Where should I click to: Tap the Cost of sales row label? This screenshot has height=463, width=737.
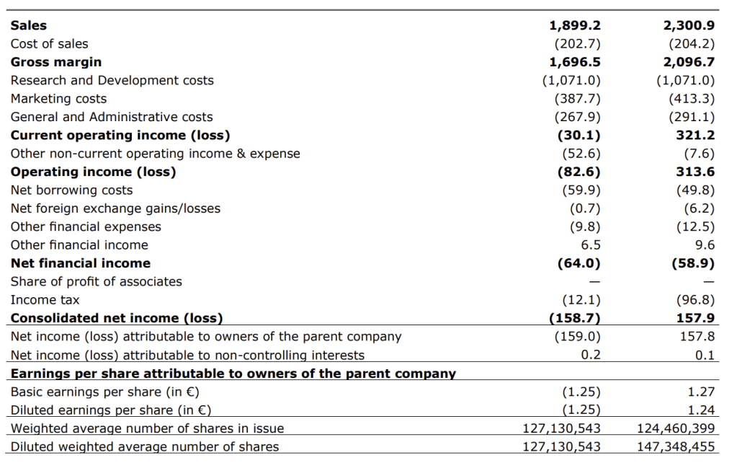pyautogui.click(x=50, y=44)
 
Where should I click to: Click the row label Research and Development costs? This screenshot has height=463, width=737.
pyautogui.click(x=112, y=80)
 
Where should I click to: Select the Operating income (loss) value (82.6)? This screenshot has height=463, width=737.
pyautogui.click(x=579, y=172)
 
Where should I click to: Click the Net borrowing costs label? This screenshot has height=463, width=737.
pyautogui.click(x=71, y=190)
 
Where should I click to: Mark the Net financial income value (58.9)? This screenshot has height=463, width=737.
pyautogui.click(x=693, y=263)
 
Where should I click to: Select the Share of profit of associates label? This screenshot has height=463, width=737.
pyautogui.click(x=96, y=281)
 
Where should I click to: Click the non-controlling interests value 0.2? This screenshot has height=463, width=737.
pyautogui.click(x=591, y=355)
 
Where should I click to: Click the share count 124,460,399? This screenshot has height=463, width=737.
pyautogui.click(x=676, y=428)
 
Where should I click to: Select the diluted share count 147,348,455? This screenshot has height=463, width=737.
pyautogui.click(x=676, y=446)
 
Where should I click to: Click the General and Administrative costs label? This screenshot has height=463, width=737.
pyautogui.click(x=112, y=117)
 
